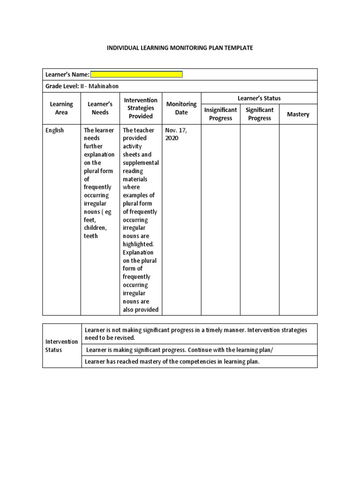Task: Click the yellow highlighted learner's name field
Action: (136, 75)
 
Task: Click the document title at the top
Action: (180, 48)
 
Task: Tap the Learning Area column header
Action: (61, 108)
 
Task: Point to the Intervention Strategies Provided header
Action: (141, 108)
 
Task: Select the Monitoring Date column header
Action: (181, 108)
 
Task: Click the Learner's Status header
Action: (259, 98)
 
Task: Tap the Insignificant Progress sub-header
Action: (220, 114)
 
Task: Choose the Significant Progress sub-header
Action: (260, 114)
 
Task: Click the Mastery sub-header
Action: (298, 114)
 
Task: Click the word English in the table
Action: (55, 130)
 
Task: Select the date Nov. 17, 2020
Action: (175, 134)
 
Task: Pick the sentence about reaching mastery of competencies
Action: (172, 362)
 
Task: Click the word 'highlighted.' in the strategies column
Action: (138, 244)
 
